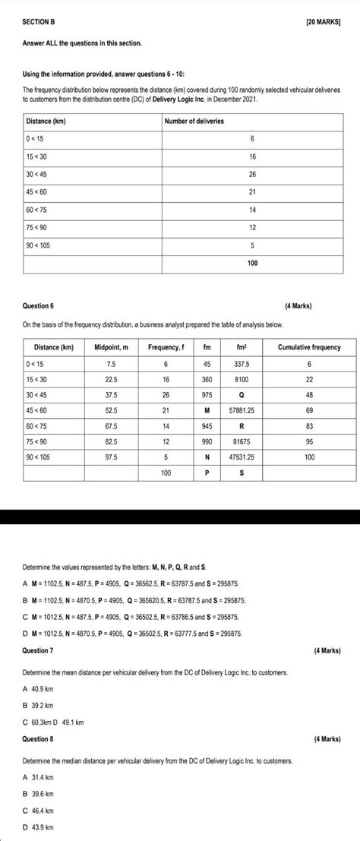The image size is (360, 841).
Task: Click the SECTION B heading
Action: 39,24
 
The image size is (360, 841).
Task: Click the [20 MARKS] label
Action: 323,24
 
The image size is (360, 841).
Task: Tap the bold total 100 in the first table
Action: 253,264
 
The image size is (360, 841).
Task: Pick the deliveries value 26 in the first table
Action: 253,175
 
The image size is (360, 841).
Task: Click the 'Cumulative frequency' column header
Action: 308,347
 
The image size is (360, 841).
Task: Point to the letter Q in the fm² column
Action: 242,395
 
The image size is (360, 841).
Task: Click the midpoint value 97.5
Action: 111,458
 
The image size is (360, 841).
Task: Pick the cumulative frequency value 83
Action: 308,427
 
